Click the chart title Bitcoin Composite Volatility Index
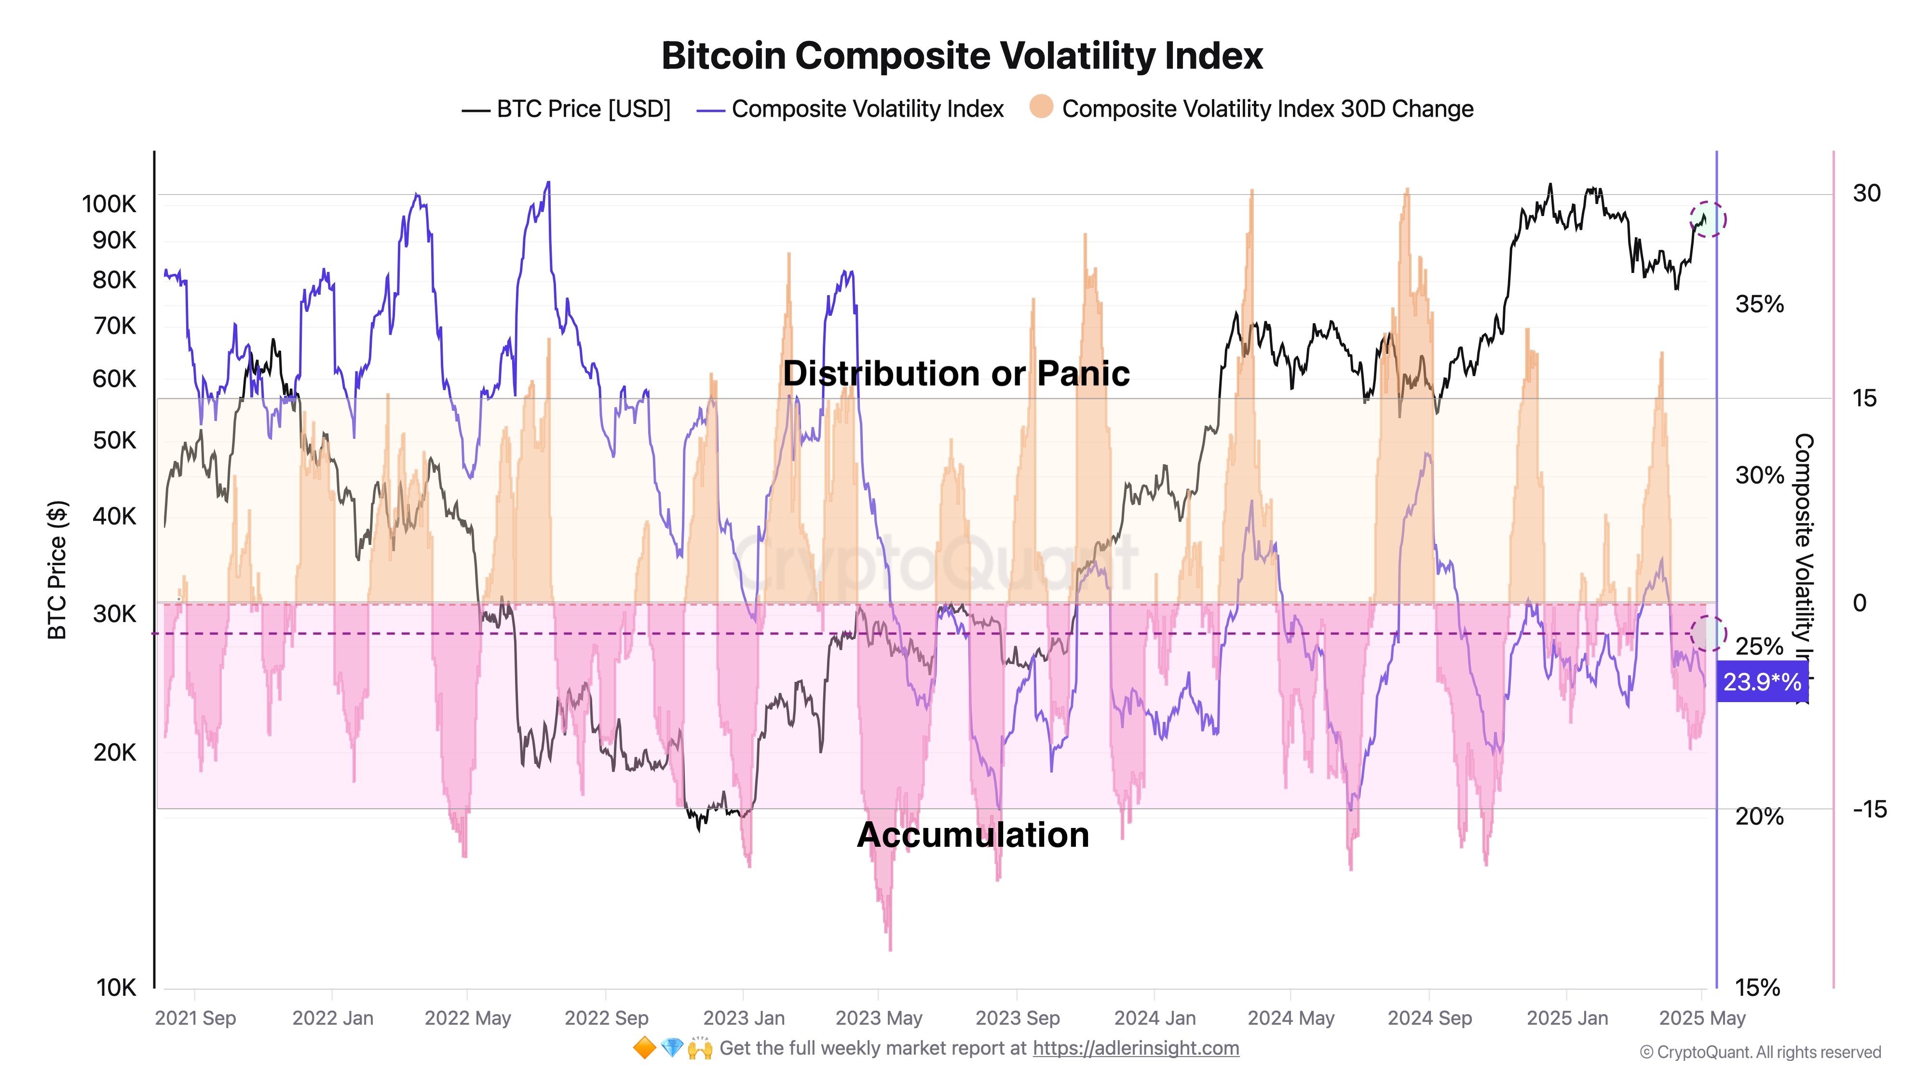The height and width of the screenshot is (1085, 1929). click(962, 56)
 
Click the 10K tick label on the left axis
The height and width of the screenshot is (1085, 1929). click(116, 988)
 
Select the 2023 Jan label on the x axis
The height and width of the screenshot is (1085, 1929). click(744, 1018)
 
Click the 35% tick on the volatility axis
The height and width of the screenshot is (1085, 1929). click(1759, 305)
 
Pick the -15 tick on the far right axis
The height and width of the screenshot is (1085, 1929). click(1869, 810)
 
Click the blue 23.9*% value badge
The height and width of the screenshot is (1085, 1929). click(1761, 682)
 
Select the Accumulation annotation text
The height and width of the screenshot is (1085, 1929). click(972, 835)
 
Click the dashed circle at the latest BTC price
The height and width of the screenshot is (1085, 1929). click(1707, 219)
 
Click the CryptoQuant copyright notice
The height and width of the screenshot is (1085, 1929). click(1760, 1053)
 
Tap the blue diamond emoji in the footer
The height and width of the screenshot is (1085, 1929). click(672, 1048)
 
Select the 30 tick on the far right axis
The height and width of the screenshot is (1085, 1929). click(1866, 193)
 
